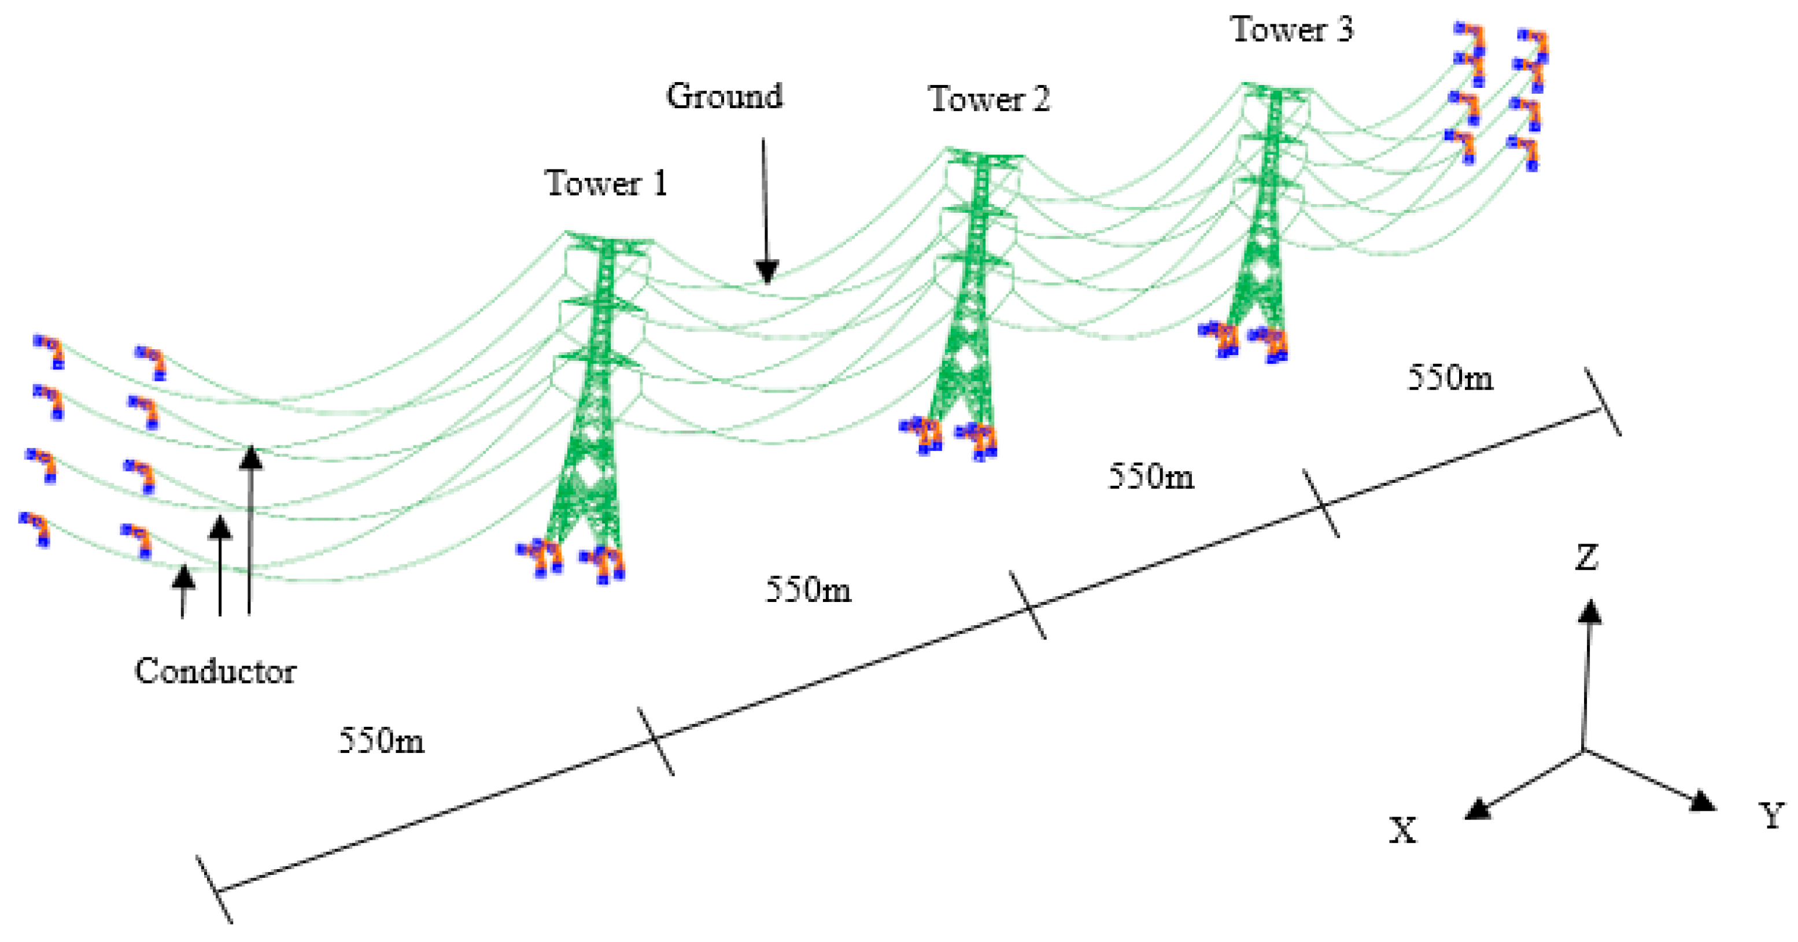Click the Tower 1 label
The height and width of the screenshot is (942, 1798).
click(x=606, y=183)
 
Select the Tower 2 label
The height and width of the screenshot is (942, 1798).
click(x=988, y=99)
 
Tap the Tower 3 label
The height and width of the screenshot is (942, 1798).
click(x=1291, y=29)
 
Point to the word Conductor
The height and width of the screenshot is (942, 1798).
click(x=215, y=671)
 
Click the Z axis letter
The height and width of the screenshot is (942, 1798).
click(x=1586, y=558)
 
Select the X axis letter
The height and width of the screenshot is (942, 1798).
click(x=1403, y=830)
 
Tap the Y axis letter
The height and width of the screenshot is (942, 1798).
click(x=1771, y=815)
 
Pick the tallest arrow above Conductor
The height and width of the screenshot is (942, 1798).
click(x=250, y=530)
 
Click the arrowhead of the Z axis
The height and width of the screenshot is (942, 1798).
click(x=1590, y=612)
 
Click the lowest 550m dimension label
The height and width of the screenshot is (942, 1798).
click(x=381, y=740)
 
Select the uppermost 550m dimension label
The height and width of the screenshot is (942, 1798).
click(x=1450, y=378)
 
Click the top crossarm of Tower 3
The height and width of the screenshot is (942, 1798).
click(x=1276, y=89)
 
